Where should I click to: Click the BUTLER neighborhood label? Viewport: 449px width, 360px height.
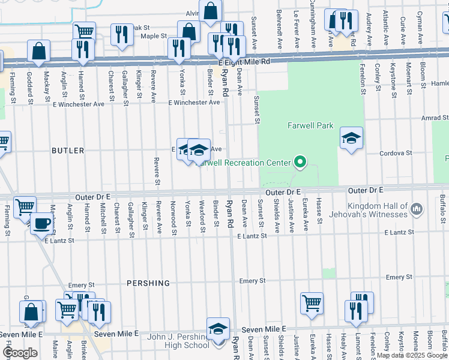[x=68, y=151]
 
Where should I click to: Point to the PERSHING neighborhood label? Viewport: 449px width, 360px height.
[x=148, y=283]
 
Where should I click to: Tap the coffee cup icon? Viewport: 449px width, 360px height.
[x=41, y=223]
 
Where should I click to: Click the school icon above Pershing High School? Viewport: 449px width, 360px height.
[x=218, y=328]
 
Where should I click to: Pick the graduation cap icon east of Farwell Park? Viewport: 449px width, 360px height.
[x=351, y=138]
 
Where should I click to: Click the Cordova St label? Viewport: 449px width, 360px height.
[x=396, y=153]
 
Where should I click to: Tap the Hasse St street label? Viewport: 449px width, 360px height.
[x=319, y=210]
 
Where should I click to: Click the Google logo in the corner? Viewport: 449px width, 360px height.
[x=20, y=353]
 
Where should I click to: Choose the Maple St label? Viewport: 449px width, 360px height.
[x=153, y=36]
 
